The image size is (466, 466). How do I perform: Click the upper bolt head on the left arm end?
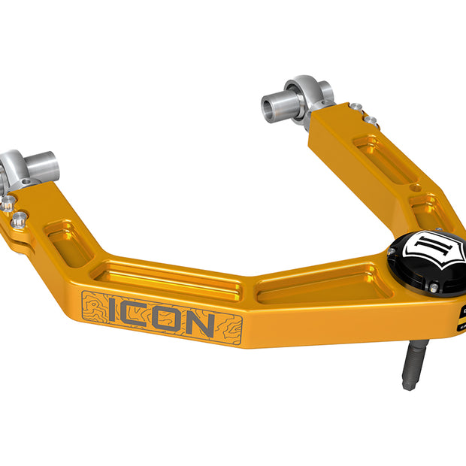(x=8, y=204)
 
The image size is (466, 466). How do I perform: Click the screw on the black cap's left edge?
(x=397, y=256)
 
